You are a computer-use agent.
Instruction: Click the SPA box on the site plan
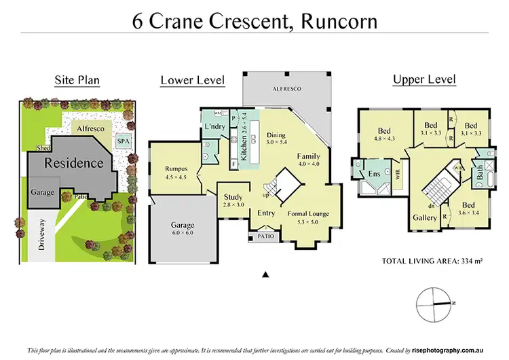pos(124,141)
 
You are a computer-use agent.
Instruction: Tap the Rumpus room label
pos(176,173)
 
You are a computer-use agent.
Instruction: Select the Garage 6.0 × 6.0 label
pos(183,228)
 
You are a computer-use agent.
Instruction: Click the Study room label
pos(233,201)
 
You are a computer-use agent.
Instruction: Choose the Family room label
pos(309,160)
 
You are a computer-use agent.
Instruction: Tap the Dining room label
pos(276,139)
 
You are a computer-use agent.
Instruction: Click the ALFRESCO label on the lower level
pos(288,89)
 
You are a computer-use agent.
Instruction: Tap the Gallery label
pos(425,218)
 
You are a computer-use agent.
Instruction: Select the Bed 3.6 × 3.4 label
pos(468,209)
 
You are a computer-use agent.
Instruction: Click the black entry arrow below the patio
pos(267,274)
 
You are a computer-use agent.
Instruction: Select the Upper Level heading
pos(424,80)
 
